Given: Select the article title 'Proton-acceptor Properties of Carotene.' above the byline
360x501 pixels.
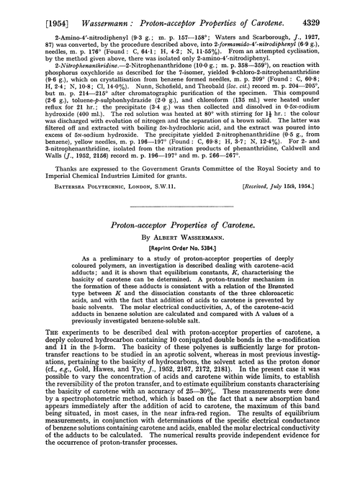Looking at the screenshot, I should [180, 227].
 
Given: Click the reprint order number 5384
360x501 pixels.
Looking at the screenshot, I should [201, 253].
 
